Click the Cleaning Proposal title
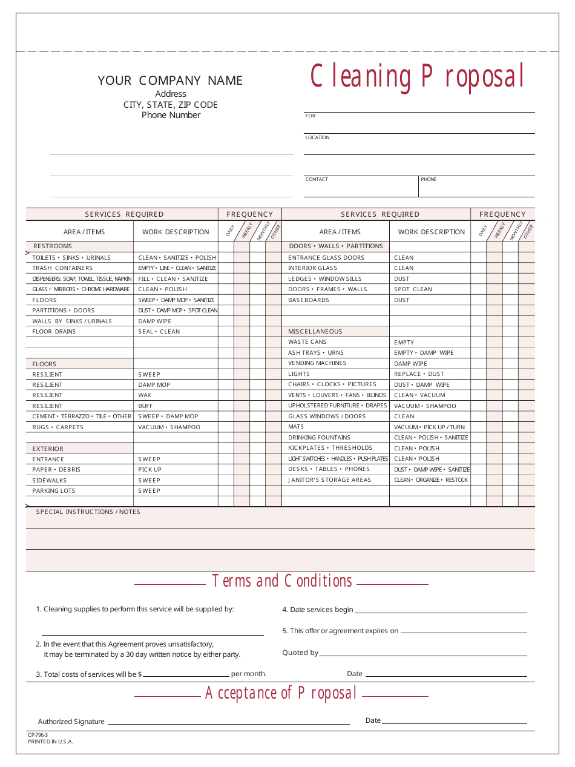417,77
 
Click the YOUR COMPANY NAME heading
170,81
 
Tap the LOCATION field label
317,138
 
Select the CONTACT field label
317,180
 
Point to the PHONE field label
429,180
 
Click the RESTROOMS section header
53,246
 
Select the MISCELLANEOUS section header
315,332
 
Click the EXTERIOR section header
48,449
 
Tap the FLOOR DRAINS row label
54,332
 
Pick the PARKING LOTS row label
54,491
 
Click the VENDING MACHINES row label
317,363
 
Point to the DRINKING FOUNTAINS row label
319,438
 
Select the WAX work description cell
145,395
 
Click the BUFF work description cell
145,406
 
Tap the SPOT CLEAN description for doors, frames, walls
413,289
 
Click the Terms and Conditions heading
282,581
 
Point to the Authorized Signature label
71,722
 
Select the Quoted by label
300,653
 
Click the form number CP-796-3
38,735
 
